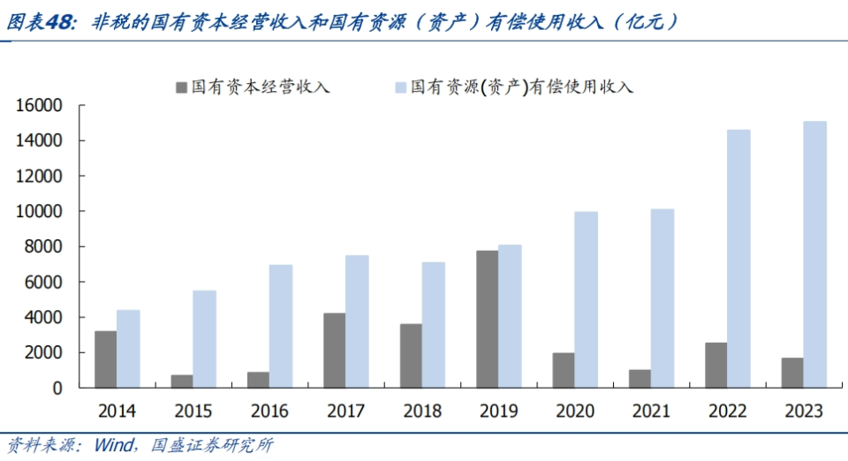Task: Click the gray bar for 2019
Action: click(487, 319)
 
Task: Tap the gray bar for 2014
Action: click(106, 359)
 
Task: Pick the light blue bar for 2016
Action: click(281, 326)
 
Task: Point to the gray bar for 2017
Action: click(334, 350)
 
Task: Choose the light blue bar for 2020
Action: click(586, 299)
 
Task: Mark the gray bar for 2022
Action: click(715, 365)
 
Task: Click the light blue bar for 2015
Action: click(204, 339)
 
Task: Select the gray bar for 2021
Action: click(640, 378)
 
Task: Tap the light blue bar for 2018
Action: click(433, 324)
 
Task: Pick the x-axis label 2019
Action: click(498, 412)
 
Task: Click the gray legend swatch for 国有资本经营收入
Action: click(182, 87)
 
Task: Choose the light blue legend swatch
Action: click(400, 87)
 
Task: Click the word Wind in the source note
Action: click(116, 445)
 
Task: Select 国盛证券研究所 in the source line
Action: click(212, 445)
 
